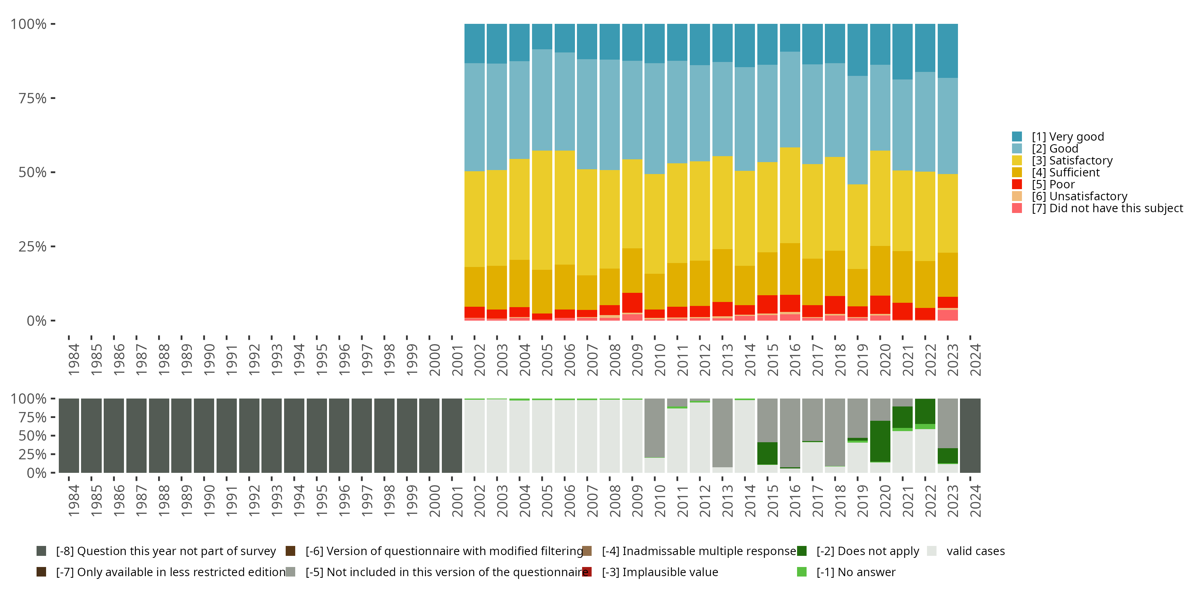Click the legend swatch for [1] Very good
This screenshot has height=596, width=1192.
(1017, 137)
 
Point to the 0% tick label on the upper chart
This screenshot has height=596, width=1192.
(36, 321)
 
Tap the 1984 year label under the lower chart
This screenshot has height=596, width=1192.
(74, 501)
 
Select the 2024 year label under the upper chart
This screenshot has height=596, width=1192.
(975, 360)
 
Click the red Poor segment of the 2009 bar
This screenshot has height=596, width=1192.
(632, 303)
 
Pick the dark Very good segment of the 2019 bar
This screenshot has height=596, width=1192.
(857, 50)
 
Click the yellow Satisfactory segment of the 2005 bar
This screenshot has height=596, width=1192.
(542, 210)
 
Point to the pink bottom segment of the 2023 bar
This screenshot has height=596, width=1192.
(948, 315)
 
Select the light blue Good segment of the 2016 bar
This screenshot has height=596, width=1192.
(790, 99)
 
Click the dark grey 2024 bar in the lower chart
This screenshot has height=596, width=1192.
(970, 435)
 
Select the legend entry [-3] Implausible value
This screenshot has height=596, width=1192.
(660, 572)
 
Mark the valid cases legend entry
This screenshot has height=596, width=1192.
(975, 551)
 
